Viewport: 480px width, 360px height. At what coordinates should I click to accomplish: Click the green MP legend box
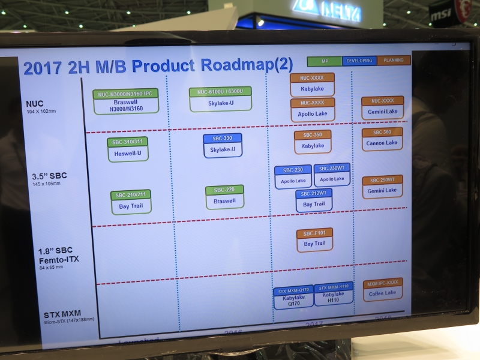[x=325, y=61]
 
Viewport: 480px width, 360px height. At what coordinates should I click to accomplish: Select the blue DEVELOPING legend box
[x=359, y=61]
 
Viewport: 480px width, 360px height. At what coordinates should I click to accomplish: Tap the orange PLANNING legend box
[x=394, y=60]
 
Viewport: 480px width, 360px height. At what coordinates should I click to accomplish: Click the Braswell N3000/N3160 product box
[x=125, y=101]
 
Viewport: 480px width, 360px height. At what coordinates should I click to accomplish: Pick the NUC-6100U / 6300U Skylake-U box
[x=220, y=99]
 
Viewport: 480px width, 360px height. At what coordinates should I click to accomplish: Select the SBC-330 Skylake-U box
[x=222, y=146]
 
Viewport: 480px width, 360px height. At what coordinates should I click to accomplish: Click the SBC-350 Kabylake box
[x=313, y=142]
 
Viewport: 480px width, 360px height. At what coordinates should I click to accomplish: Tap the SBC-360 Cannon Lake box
[x=382, y=139]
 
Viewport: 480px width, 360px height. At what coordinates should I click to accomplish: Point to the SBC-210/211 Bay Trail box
[x=131, y=202]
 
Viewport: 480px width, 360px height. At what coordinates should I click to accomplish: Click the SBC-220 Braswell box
[x=224, y=197]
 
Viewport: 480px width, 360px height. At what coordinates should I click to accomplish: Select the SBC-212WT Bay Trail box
[x=313, y=200]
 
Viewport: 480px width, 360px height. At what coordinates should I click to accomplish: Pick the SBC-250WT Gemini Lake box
[x=382, y=187]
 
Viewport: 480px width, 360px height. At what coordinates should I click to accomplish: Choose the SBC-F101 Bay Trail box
[x=314, y=239]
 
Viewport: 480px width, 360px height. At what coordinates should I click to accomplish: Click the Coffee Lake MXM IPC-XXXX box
[x=382, y=289]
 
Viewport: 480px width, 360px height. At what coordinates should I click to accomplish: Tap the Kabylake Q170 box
[x=293, y=297]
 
